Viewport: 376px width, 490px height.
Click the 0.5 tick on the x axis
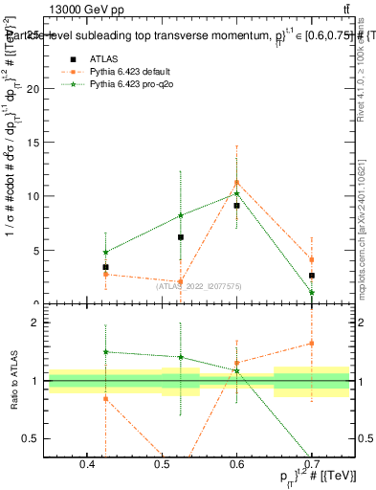click(x=161, y=464)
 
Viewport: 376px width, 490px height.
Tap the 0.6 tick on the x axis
click(x=236, y=464)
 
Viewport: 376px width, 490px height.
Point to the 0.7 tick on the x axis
click(x=312, y=464)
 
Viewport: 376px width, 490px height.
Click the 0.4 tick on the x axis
click(x=86, y=464)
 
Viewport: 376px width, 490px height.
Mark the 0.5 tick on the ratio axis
click(x=32, y=438)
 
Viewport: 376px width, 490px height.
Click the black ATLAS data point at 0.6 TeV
click(x=236, y=205)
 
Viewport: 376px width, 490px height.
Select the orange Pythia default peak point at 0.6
click(x=236, y=182)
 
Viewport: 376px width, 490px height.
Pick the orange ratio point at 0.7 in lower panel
click(x=312, y=343)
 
